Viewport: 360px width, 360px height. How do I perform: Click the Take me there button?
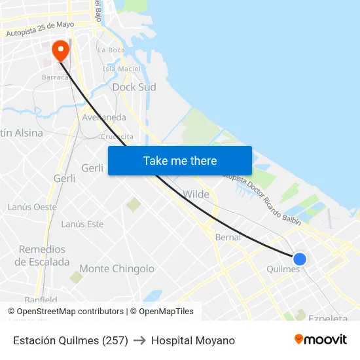point(180,160)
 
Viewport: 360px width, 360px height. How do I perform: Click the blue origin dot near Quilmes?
point(300,259)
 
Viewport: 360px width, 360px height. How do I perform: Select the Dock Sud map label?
point(134,87)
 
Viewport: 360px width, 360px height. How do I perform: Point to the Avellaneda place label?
point(104,117)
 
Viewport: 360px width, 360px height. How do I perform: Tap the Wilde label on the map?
point(196,194)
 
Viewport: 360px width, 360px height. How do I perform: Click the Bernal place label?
point(228,237)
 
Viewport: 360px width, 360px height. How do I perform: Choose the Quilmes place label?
point(283,269)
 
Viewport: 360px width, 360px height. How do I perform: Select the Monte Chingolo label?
point(117,268)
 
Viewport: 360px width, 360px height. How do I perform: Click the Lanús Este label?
point(82,224)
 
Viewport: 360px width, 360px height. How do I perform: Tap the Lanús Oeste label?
point(32,207)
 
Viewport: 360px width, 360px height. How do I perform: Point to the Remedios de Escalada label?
point(43,255)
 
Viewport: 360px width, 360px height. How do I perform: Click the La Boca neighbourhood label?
point(111,50)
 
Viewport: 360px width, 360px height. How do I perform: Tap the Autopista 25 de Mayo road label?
point(40,29)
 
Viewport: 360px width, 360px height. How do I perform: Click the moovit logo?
point(320,339)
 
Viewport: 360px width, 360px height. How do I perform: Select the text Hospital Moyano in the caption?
point(193,340)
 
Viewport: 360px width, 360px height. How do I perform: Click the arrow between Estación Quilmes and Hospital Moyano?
point(139,340)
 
